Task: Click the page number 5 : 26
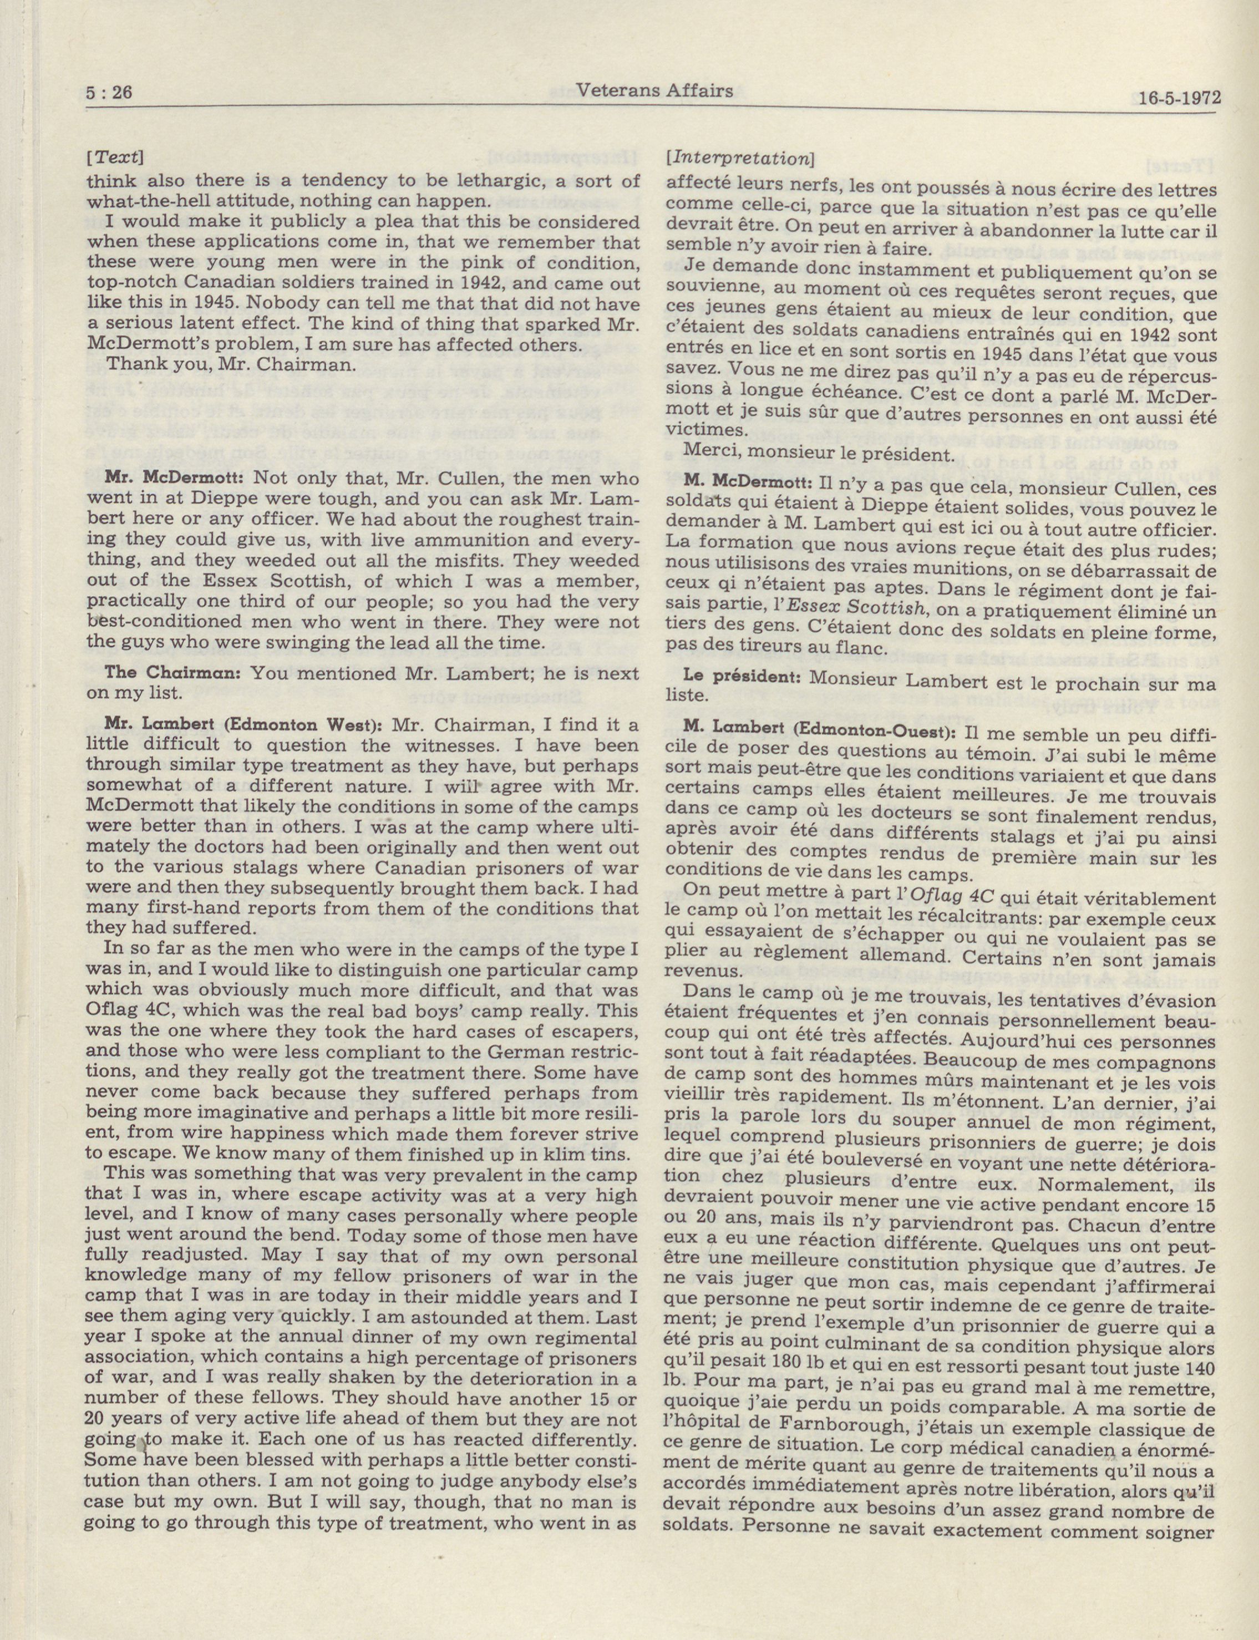pos(109,94)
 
